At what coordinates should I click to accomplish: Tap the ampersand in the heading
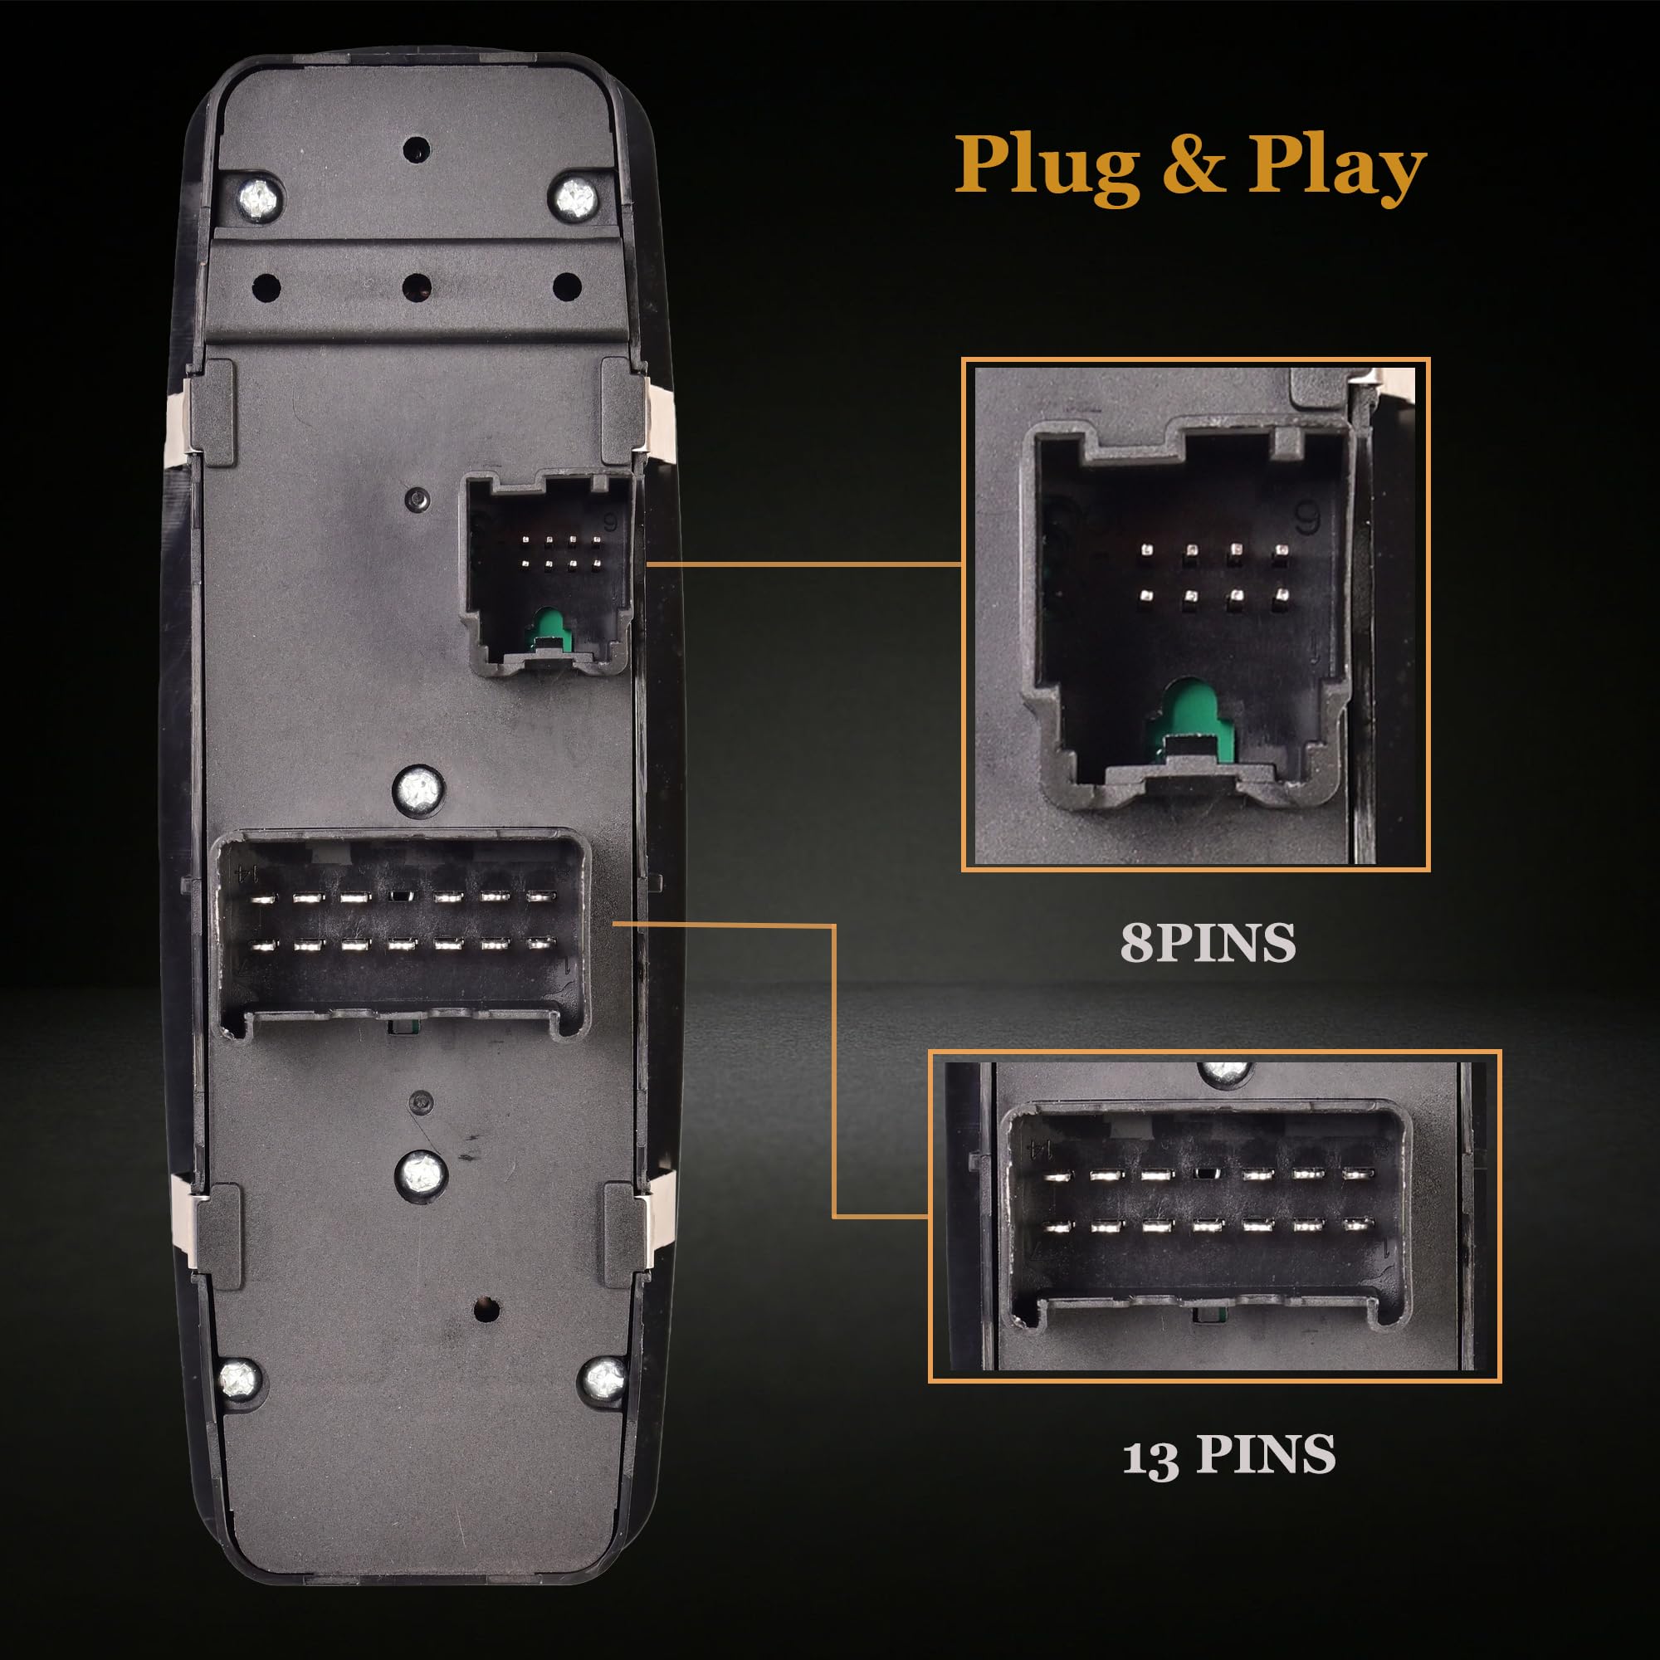1194,166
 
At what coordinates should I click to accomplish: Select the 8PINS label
1207,943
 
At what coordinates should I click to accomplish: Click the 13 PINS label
1228,1455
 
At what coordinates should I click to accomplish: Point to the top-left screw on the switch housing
259,200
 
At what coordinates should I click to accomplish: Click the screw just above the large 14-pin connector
418,787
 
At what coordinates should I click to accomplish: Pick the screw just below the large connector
420,1170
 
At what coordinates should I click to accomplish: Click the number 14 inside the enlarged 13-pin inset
1041,1148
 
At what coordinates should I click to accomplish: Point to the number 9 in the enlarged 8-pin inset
1306,518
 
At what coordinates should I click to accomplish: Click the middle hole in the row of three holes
417,286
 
